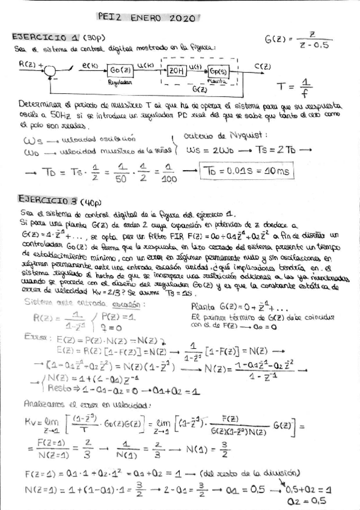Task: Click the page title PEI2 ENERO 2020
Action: coord(145,18)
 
